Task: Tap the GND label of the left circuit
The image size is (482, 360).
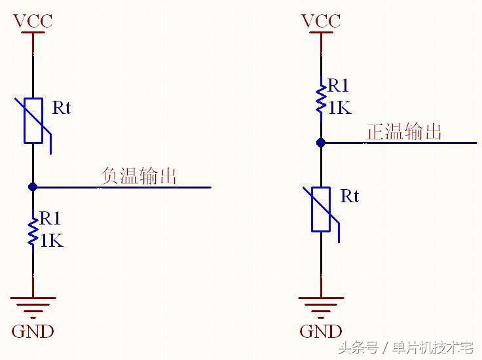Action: pyautogui.click(x=33, y=331)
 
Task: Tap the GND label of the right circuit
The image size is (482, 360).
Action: pyautogui.click(x=321, y=331)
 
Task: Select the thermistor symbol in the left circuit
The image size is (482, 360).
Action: pyautogui.click(x=33, y=120)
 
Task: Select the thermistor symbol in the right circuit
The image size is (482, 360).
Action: pyautogui.click(x=321, y=209)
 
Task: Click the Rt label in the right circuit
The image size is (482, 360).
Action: pyautogui.click(x=350, y=196)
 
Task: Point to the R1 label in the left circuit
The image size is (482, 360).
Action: pyautogui.click(x=50, y=218)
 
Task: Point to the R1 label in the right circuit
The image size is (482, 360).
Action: pyautogui.click(x=339, y=85)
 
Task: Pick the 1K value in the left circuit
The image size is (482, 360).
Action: pyautogui.click(x=52, y=241)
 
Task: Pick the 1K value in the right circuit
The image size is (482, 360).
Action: pyautogui.click(x=339, y=107)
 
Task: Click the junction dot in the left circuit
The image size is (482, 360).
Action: pyautogui.click(x=33, y=187)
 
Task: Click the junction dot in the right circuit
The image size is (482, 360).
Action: pyautogui.click(x=321, y=142)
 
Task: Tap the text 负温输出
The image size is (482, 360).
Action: pyautogui.click(x=139, y=175)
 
